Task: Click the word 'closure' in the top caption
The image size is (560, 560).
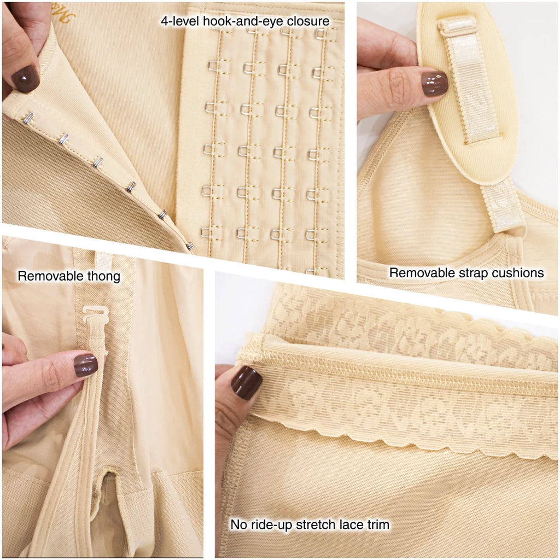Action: (308, 21)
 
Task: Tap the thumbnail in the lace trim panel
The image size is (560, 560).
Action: (246, 383)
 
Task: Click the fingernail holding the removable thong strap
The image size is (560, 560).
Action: (86, 365)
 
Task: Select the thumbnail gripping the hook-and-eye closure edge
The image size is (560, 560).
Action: (25, 79)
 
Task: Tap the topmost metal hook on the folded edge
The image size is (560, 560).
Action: (29, 118)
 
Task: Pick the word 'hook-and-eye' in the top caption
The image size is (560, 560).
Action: (243, 21)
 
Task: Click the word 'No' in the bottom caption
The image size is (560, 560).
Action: (238, 524)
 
